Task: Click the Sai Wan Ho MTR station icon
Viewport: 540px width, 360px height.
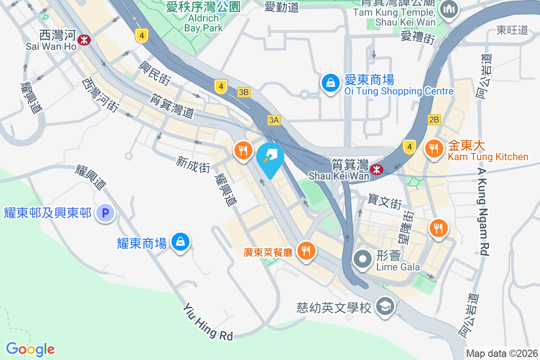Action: [84, 40]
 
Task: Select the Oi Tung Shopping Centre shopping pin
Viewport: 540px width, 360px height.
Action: [330, 83]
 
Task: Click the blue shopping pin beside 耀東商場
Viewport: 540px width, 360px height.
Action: [180, 241]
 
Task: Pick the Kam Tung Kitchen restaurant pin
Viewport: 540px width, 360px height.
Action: [434, 148]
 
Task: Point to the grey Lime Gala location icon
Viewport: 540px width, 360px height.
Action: [363, 259]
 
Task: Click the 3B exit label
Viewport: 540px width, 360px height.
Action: [243, 92]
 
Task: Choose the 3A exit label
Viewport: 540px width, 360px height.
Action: [274, 120]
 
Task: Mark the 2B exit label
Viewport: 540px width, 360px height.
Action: [434, 120]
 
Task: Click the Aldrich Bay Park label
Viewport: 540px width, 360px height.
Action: [203, 22]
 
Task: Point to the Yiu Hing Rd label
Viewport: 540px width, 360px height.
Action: [208, 321]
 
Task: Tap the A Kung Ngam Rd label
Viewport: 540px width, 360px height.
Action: [483, 211]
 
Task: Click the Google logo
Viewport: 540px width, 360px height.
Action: [30, 349]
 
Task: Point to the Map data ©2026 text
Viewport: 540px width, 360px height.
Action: [502, 353]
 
